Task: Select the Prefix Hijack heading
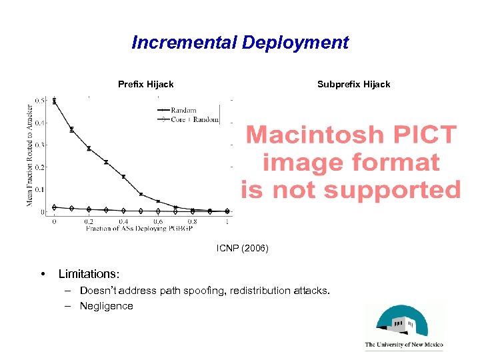tap(145, 84)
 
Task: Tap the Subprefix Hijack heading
tap(353, 84)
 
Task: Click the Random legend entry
tap(183, 110)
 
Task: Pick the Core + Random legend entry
tap(193, 120)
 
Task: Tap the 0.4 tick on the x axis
tap(124, 221)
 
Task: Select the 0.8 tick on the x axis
tap(193, 221)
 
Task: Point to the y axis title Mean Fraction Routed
tap(29, 155)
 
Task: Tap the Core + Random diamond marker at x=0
tap(54, 207)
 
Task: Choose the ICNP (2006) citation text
tap(242, 248)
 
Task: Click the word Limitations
tap(87, 274)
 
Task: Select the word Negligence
tap(107, 306)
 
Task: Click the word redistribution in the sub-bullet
tap(258, 291)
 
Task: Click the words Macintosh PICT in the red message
tap(351, 135)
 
